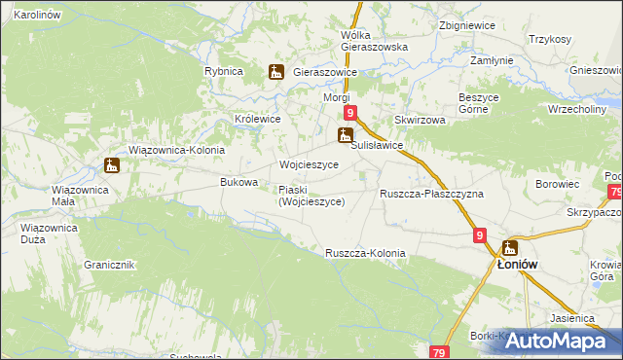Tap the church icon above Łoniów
pos(510,247)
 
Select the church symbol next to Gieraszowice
pos(276,71)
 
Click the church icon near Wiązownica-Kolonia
pos(112,165)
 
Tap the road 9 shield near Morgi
pos(350,113)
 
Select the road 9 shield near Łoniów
pos(481,235)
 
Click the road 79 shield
pos(440,352)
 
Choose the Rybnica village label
pos(223,72)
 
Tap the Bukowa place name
pos(239,182)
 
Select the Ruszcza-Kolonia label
pos(365,253)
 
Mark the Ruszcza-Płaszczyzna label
pos(431,194)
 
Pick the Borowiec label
pos(558,183)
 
